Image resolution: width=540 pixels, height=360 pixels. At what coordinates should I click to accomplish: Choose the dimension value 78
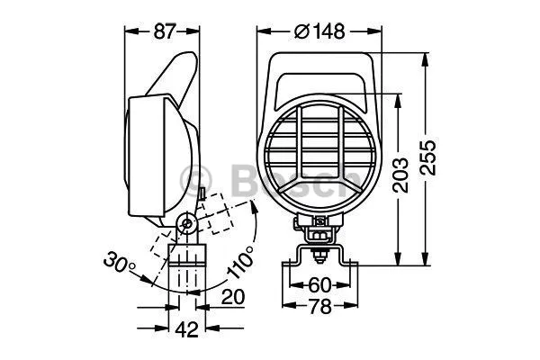pyautogui.click(x=319, y=306)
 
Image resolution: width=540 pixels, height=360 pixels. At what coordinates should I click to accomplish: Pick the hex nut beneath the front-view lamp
pyautogui.click(x=319, y=235)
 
